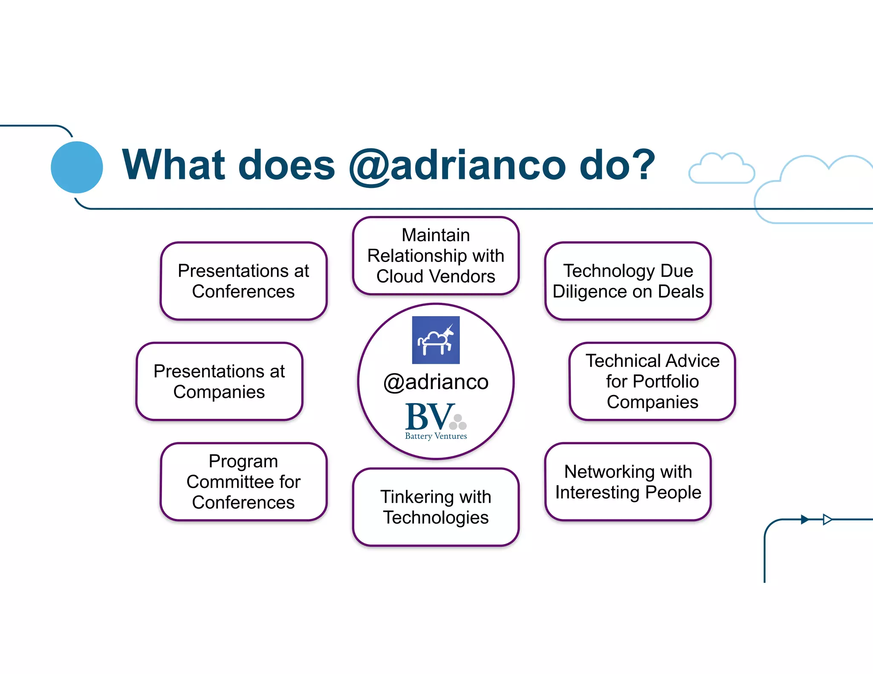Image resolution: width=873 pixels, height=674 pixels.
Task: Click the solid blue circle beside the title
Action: [77, 167]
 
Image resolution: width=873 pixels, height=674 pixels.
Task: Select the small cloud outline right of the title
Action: [721, 170]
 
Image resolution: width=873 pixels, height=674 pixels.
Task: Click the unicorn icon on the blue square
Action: [436, 340]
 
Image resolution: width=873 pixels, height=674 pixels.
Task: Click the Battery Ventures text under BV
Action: [436, 436]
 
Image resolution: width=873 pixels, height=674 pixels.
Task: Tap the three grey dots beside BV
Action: [458, 422]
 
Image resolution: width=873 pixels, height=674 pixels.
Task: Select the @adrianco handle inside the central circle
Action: [436, 382]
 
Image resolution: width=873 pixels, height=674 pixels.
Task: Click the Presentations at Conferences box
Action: [243, 281]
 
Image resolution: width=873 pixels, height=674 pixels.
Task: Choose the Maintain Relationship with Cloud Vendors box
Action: [436, 256]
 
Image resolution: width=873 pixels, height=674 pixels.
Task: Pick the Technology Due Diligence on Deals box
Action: [628, 281]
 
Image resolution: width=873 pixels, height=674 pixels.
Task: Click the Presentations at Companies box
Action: [219, 381]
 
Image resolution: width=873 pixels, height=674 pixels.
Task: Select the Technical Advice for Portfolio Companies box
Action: [652, 381]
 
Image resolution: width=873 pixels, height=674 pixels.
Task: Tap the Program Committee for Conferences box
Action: [243, 482]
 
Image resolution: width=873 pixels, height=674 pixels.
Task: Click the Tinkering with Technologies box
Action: [436, 507]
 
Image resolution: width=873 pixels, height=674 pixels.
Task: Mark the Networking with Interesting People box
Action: [628, 482]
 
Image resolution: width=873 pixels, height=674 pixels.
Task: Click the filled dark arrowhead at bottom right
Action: [804, 519]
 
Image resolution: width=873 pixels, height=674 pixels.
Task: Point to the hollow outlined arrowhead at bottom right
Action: [827, 519]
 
